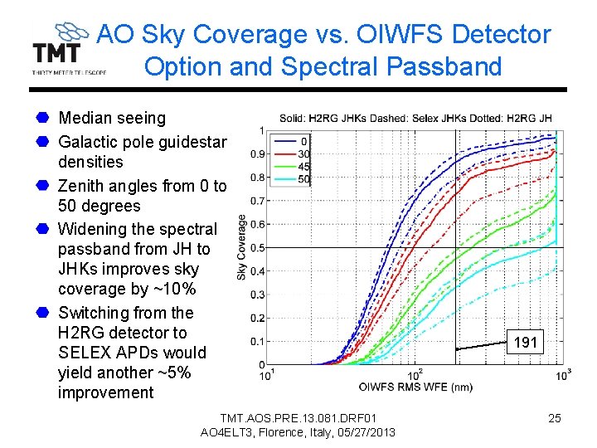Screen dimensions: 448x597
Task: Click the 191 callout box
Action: (x=526, y=342)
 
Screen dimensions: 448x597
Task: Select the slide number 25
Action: (x=555, y=418)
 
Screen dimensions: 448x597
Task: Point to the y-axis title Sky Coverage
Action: (x=242, y=246)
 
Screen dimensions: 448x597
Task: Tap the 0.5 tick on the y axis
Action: (x=258, y=247)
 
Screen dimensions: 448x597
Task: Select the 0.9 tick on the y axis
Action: (x=258, y=153)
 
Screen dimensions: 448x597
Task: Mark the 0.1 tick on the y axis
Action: (x=258, y=341)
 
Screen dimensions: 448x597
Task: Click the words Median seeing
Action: (x=112, y=119)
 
